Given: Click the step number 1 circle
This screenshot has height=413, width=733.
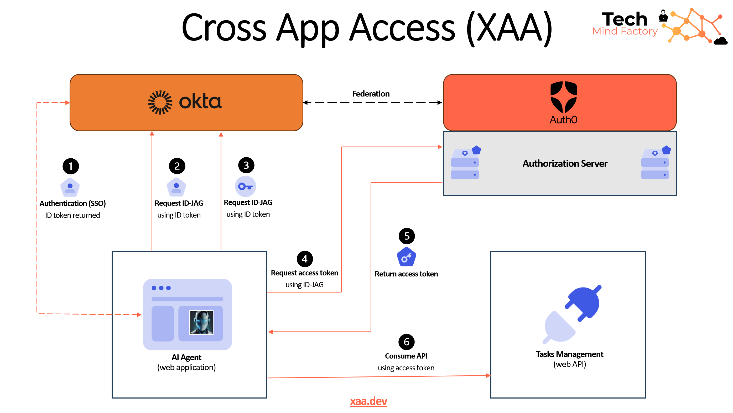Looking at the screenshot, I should (x=71, y=166).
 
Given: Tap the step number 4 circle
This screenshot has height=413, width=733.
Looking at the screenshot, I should (x=304, y=259).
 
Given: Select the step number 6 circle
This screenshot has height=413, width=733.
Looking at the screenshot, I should (x=406, y=342).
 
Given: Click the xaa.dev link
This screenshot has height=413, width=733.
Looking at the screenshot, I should (x=368, y=401).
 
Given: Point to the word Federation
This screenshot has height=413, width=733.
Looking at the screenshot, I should (x=371, y=94).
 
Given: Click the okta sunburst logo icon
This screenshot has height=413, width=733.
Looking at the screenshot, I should (x=160, y=102).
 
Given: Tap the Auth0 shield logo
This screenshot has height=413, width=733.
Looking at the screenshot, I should (x=563, y=97).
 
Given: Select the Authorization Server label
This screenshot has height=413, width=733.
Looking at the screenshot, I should (x=565, y=163).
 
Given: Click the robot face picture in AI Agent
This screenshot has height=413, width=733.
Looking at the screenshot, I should (x=201, y=322).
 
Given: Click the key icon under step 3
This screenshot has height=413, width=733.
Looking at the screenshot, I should (x=245, y=187).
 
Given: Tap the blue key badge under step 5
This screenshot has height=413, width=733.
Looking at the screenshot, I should (x=406, y=257).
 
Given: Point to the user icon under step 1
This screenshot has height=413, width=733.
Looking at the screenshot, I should (x=70, y=188).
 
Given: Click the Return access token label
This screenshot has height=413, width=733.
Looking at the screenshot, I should (x=406, y=274).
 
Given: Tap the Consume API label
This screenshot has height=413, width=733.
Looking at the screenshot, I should (x=406, y=356).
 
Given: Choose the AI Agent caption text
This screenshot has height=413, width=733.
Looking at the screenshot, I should (x=186, y=357).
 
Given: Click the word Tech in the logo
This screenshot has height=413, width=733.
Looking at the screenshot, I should (x=624, y=19).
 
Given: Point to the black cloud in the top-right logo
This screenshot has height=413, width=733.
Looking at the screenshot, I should (x=720, y=41).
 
